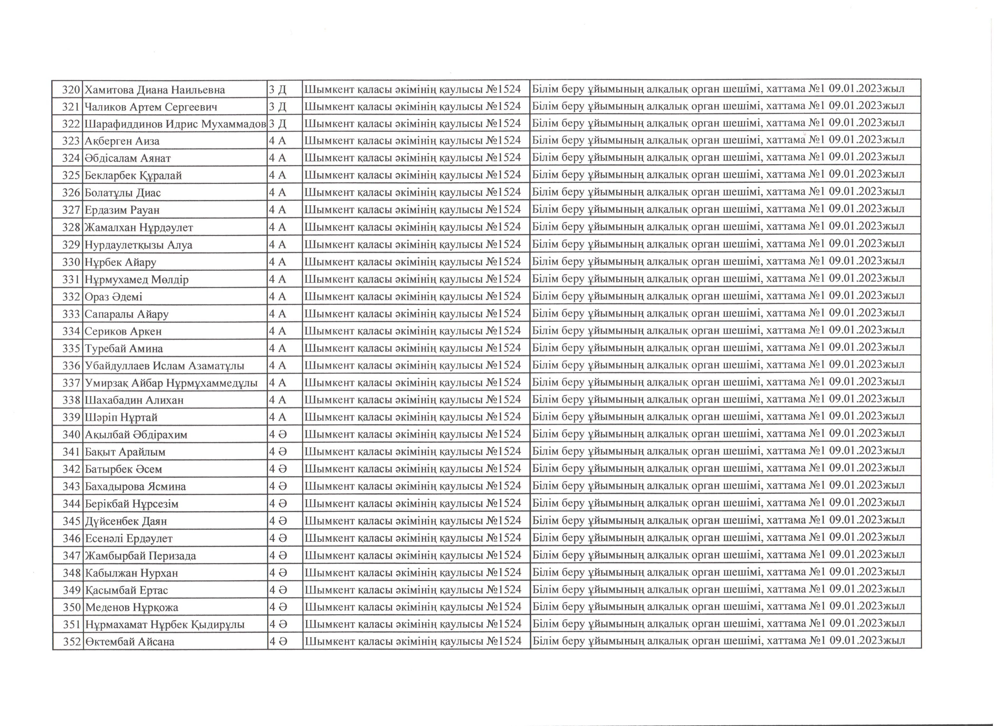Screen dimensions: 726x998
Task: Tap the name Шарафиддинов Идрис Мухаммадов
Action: click(x=175, y=124)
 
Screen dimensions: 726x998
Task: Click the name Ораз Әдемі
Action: click(x=114, y=297)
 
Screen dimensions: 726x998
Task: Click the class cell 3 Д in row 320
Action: click(x=278, y=90)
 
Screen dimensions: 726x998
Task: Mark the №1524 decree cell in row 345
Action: click(x=413, y=521)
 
